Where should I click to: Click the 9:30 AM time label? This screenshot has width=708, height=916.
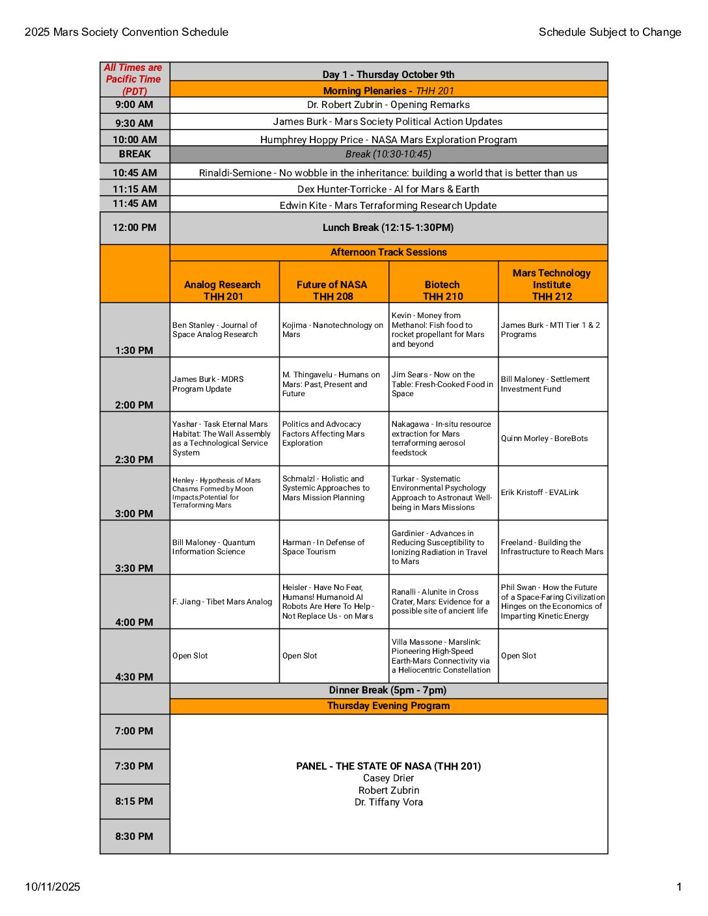point(134,123)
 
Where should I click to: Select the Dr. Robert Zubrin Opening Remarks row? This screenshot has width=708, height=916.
point(388,105)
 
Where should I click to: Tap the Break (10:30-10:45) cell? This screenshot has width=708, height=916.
point(388,154)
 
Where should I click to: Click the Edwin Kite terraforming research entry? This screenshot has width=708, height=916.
point(388,206)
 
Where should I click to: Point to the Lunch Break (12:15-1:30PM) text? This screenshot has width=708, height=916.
point(388,228)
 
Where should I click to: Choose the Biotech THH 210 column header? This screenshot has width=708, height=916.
point(442,290)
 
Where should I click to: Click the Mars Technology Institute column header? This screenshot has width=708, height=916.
point(552,284)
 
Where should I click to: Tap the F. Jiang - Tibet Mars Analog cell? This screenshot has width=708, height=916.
point(222,602)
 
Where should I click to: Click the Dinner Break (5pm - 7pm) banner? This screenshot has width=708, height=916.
point(388,690)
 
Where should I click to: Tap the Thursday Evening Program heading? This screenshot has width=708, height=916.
point(388,706)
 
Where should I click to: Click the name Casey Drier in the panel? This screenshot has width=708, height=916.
point(388,778)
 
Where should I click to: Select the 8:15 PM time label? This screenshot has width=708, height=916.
point(134,801)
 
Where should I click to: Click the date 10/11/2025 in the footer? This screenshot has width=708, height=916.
point(53,887)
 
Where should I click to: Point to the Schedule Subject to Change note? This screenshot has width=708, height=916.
point(610,32)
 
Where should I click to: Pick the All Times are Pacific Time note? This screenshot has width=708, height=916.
point(134,79)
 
